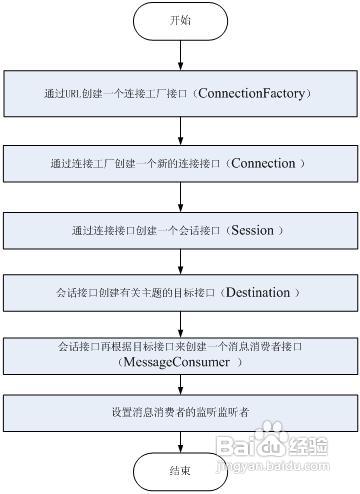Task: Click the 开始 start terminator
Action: [180, 21]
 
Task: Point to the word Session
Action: [257, 230]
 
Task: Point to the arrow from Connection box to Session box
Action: [180, 196]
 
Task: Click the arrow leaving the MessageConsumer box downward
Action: [180, 386]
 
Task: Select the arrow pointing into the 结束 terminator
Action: [180, 442]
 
